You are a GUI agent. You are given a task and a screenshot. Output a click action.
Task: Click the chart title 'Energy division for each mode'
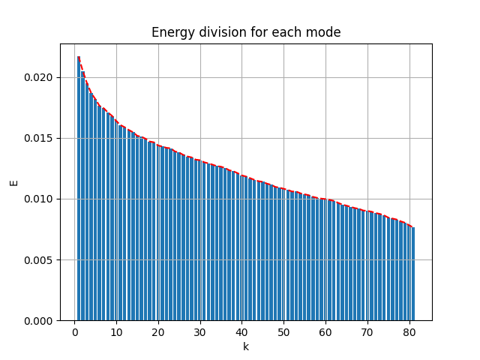[246, 32]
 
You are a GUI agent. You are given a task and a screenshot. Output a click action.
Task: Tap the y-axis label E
[13, 182]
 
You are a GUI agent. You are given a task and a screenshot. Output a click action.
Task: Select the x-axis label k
[245, 346]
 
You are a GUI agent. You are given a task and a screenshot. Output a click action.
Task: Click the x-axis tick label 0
[74, 333]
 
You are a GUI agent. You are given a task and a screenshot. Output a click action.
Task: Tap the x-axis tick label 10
[116, 333]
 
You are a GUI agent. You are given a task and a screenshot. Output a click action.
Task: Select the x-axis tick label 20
[158, 333]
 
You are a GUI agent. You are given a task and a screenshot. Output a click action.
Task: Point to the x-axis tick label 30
[199, 333]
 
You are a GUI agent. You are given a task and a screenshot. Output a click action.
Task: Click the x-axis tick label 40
[241, 333]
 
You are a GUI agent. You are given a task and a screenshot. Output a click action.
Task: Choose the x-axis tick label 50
[283, 333]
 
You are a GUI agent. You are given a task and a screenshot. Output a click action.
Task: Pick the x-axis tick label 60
[325, 333]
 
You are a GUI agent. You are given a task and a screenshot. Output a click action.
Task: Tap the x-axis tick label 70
[367, 333]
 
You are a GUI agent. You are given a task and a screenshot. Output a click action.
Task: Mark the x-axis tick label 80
[409, 333]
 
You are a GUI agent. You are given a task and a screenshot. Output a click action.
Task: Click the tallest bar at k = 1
[79, 187]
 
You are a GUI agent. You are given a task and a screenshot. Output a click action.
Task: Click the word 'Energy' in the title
[169, 32]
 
